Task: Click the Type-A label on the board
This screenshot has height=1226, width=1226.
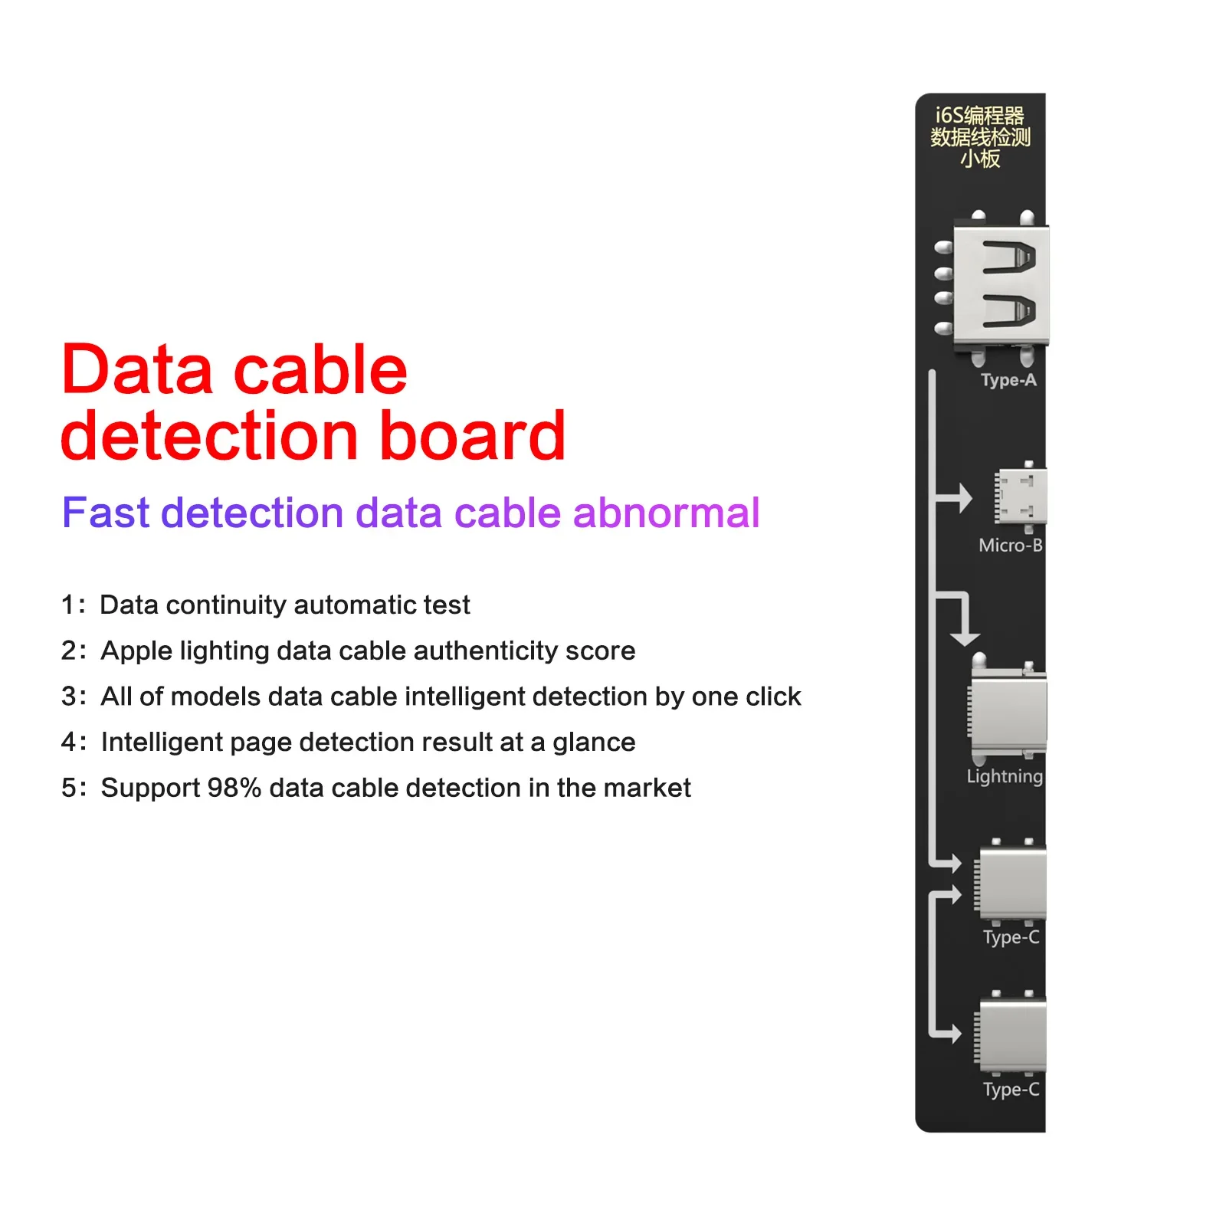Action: tap(1008, 380)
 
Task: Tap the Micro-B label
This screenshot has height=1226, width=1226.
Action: tap(1010, 546)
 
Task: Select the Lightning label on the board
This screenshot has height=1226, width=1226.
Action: tap(1004, 776)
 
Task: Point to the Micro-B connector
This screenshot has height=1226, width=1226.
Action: tap(1021, 497)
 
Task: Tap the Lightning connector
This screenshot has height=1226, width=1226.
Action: tap(1008, 713)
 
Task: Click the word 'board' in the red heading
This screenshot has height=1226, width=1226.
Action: tap(472, 436)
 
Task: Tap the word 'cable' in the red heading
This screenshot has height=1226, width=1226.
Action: tap(320, 370)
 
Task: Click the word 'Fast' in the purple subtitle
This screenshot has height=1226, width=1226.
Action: tap(105, 513)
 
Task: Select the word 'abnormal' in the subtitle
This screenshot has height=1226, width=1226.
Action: tap(666, 513)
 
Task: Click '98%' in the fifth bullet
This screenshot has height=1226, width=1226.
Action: tap(234, 788)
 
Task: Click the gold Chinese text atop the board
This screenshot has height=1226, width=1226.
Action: tap(980, 137)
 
